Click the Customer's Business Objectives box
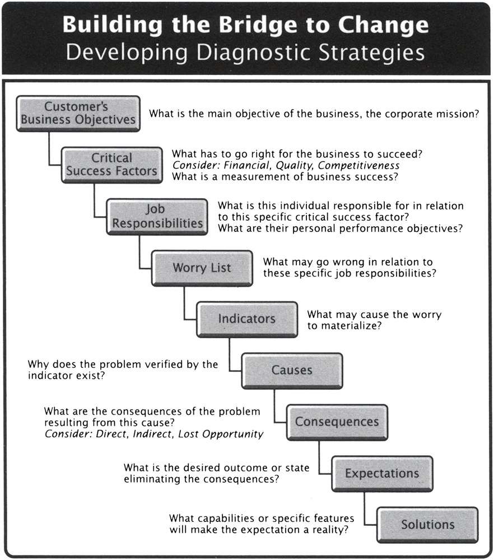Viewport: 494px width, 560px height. point(78,113)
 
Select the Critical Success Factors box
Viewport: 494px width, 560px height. point(111,165)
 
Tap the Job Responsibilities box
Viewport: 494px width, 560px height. point(156,216)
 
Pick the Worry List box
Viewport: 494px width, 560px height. point(202,268)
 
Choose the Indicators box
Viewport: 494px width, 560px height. point(246,319)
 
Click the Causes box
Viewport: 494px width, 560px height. point(292,370)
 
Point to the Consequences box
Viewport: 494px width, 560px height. point(337,422)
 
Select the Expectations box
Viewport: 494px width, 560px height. point(381,473)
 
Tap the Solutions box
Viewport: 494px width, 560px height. point(427,525)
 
